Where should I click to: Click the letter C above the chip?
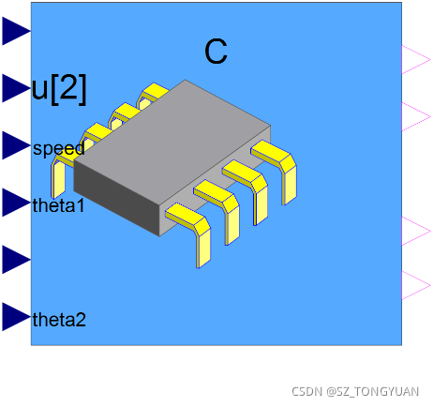216,52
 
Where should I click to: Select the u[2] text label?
59,89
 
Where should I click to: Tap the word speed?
59,149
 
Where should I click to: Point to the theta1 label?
59,205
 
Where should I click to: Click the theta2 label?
59,320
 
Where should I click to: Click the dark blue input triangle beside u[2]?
16,88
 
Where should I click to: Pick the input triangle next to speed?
16,145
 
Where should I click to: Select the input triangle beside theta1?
16,203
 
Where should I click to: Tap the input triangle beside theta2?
16,316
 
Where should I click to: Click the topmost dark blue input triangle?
16,31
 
